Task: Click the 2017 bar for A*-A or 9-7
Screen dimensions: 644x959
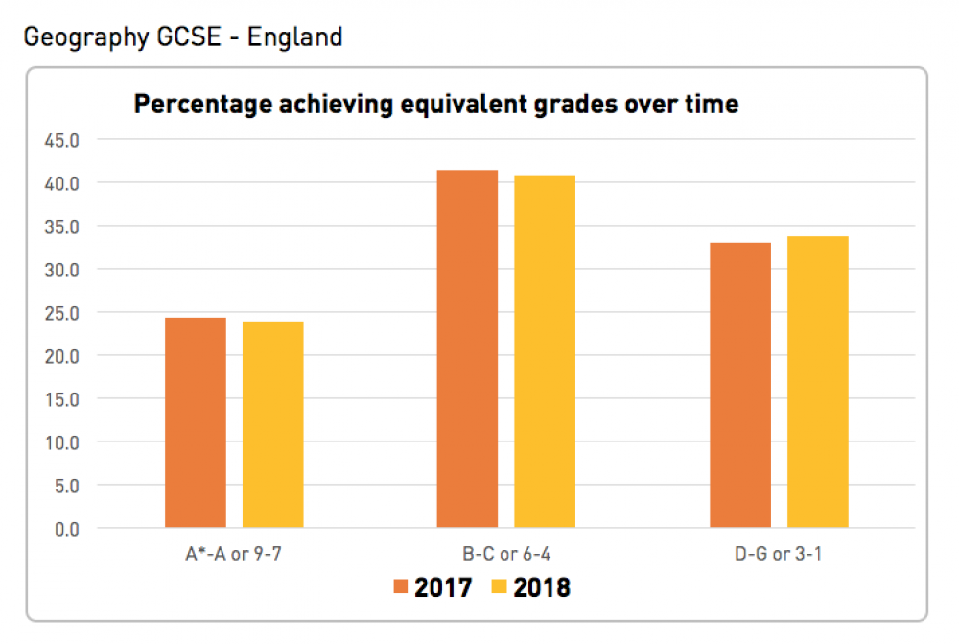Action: [x=196, y=422]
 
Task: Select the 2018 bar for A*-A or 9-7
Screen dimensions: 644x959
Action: [x=272, y=424]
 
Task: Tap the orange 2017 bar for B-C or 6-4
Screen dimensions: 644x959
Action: [x=467, y=349]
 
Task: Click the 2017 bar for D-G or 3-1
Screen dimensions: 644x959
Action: [x=740, y=385]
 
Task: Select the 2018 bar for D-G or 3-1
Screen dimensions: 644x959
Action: [x=818, y=382]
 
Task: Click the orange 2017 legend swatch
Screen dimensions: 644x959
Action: [x=402, y=586]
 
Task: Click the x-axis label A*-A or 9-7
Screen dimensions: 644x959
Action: [x=234, y=553]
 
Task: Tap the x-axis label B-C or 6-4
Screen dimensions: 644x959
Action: [x=506, y=553]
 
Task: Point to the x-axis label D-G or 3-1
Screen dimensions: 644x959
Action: [x=779, y=553]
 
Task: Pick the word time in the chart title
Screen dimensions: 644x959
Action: [x=713, y=104]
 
